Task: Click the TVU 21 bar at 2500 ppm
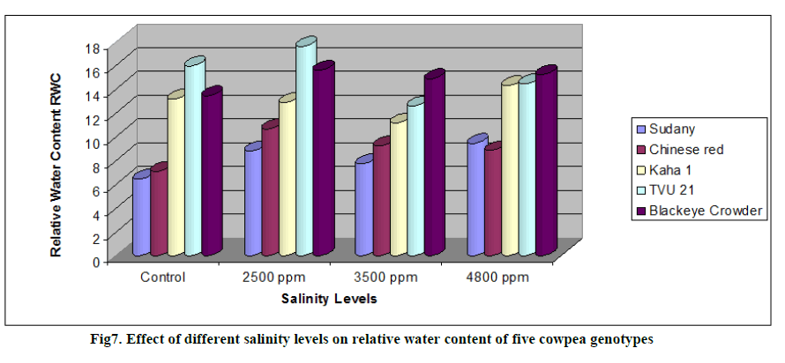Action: (304, 150)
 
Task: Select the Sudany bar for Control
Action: (141, 216)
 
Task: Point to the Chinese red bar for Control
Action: (159, 211)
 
